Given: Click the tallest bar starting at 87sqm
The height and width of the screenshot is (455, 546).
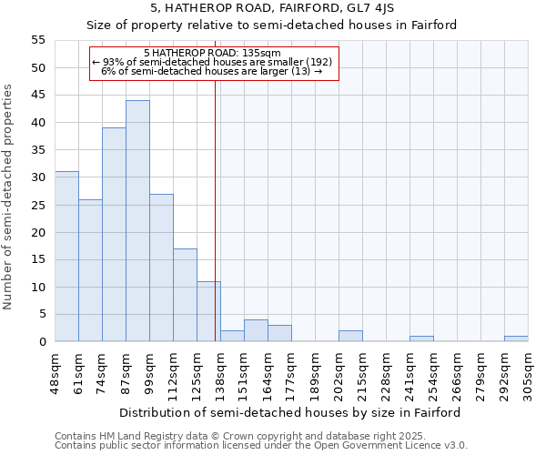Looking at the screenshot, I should (137, 221).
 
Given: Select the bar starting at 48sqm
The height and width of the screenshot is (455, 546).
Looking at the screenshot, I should (66, 257).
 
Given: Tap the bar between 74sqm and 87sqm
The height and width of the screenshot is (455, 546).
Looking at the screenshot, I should (114, 235).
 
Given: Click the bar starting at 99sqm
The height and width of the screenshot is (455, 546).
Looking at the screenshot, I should (161, 268).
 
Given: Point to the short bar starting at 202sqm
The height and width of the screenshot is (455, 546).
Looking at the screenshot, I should (350, 336).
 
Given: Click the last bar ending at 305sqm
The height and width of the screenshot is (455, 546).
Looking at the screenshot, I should (516, 339).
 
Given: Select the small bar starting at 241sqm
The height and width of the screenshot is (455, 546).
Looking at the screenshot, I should (421, 339).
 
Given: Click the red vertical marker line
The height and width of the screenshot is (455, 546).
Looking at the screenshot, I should (215, 227).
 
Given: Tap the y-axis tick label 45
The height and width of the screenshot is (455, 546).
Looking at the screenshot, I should (38, 96).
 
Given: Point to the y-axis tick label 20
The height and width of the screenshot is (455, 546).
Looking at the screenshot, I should (38, 232).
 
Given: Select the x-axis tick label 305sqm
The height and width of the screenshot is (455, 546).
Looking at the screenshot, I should (528, 373).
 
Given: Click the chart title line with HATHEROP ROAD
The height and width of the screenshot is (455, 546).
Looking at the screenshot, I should (272, 8).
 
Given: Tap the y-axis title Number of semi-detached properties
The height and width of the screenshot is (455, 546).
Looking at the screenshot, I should (9, 197).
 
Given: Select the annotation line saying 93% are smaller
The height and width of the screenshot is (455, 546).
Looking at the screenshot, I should (212, 62).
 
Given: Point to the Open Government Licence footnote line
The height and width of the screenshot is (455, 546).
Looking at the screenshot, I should (261, 446).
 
